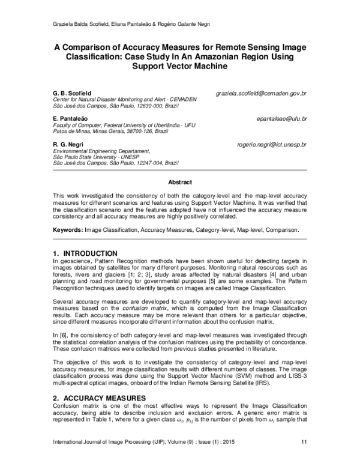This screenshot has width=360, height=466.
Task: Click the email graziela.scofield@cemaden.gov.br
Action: point(262,94)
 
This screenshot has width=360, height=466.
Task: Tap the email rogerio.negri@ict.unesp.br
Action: point(271,145)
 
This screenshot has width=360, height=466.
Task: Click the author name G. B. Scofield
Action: point(73,94)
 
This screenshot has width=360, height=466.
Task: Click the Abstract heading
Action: point(179,182)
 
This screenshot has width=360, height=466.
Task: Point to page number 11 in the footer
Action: point(304,459)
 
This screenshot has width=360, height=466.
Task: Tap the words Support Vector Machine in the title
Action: point(180,67)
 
